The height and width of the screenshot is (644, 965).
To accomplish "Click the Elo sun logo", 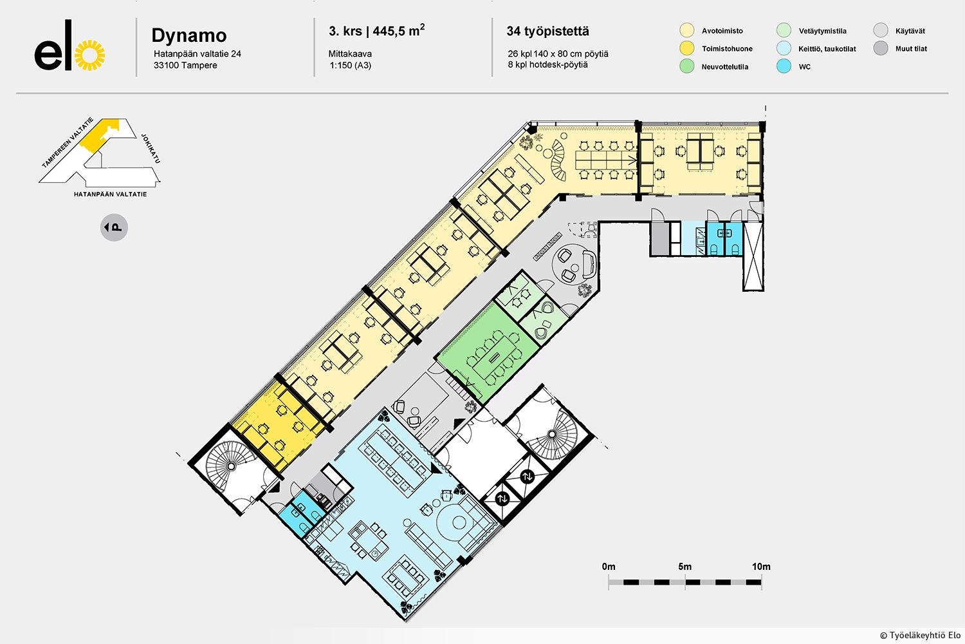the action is [x=90, y=55].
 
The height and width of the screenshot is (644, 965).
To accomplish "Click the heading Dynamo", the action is [x=189, y=35].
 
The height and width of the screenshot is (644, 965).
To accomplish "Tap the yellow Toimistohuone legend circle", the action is [x=686, y=48].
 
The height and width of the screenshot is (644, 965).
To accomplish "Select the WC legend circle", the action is [x=784, y=66].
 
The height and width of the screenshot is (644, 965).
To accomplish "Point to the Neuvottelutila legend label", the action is [x=724, y=67].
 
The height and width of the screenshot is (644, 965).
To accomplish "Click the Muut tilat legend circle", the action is [x=881, y=48].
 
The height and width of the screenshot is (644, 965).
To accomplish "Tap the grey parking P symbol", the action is [x=114, y=227].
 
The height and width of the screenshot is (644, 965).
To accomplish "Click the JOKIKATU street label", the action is [x=151, y=148].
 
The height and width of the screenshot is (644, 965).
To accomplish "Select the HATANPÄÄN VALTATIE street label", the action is [x=110, y=194].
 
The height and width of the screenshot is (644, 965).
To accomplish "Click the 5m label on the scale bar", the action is [x=685, y=567].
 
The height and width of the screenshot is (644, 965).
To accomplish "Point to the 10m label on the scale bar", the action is [x=761, y=567].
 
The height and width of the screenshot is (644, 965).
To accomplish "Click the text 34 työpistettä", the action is [x=548, y=31].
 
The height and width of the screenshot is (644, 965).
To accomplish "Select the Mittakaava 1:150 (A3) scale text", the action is [x=350, y=59].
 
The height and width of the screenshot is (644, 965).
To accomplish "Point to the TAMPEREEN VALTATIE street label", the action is [x=68, y=142].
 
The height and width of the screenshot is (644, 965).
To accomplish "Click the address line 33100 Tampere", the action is [x=185, y=66].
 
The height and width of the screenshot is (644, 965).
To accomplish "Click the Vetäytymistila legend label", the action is [x=822, y=31].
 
